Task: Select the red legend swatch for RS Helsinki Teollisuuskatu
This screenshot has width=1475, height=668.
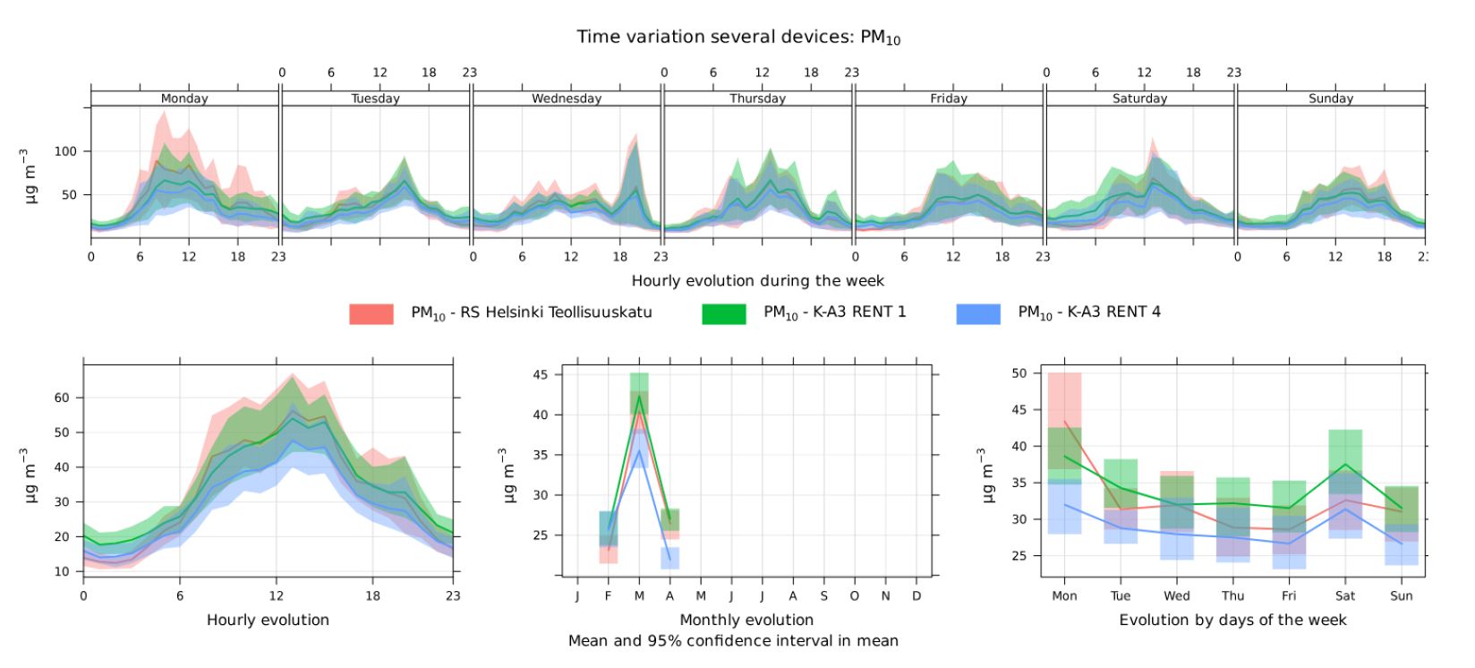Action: click(x=371, y=313)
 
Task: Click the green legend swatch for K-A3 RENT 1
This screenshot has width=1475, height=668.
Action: click(x=723, y=313)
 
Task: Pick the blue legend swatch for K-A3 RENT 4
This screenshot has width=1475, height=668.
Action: click(x=978, y=313)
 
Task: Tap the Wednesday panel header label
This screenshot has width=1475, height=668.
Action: click(x=566, y=98)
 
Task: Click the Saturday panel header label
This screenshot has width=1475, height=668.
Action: click(x=1139, y=98)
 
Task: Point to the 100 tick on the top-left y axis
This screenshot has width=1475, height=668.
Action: click(x=66, y=151)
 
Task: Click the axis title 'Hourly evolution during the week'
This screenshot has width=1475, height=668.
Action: click(x=757, y=281)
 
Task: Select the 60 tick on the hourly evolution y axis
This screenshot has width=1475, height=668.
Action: click(x=61, y=398)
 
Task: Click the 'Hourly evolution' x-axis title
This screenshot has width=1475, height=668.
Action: click(x=268, y=620)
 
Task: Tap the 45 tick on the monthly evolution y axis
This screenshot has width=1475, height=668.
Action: click(x=541, y=374)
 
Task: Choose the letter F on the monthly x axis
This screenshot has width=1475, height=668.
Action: click(x=608, y=596)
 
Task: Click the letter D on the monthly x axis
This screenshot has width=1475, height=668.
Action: click(x=916, y=596)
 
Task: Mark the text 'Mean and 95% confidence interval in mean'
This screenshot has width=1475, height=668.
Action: click(x=733, y=641)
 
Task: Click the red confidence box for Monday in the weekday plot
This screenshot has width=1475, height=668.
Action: click(x=1064, y=398)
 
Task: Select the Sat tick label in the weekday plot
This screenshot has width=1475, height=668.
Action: click(x=1344, y=596)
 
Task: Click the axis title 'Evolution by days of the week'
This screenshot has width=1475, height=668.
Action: click(x=1232, y=620)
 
